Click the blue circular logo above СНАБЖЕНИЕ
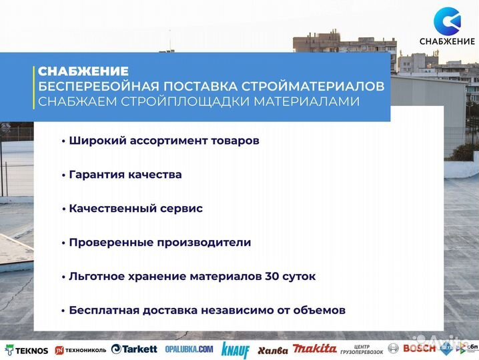click(x=447, y=21)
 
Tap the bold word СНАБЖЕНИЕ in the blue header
click(x=83, y=71)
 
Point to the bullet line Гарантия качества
click(x=125, y=175)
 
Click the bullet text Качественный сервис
click(x=135, y=209)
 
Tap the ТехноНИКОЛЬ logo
click(x=81, y=349)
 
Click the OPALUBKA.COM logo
click(x=189, y=349)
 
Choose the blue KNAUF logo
click(x=235, y=349)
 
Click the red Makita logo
click(x=314, y=349)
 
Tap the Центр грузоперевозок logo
click(x=360, y=349)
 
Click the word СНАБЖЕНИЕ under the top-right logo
click(x=447, y=41)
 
